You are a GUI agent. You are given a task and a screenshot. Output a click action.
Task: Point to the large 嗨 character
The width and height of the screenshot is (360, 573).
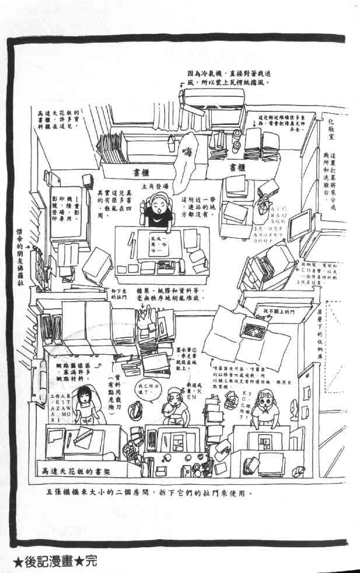(x=188, y=153)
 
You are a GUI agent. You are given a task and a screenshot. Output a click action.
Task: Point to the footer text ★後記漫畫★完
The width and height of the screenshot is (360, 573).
(x=50, y=564)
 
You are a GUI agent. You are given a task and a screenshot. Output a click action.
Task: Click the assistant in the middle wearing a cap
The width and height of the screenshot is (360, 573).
(x=175, y=402)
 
